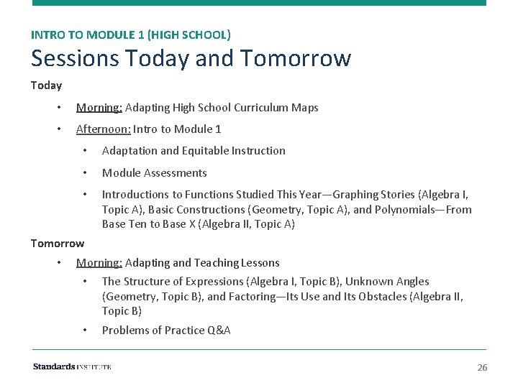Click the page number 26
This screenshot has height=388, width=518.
point(482,368)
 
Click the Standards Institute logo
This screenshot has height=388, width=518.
point(72,366)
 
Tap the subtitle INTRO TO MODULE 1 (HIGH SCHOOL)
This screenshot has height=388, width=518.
point(130,34)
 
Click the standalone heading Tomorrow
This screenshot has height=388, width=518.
point(57,243)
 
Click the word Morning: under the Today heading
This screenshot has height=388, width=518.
point(99,108)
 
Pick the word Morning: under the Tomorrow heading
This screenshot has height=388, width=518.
point(99,263)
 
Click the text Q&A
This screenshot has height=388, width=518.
point(217,331)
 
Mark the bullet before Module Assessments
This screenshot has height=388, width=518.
point(85,173)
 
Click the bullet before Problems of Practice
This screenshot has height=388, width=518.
point(85,331)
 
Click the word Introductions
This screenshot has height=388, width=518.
point(135,195)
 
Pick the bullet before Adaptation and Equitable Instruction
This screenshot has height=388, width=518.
point(85,151)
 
